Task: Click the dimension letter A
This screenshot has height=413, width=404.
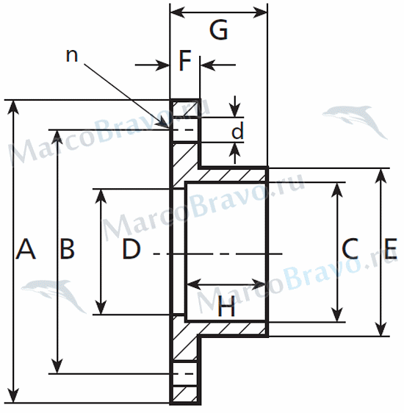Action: (26, 249)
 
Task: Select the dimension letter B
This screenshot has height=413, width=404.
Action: (67, 248)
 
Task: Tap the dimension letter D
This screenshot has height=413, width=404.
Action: (131, 248)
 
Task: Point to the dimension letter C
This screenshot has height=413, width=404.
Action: (350, 248)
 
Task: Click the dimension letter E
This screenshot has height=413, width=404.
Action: (391, 248)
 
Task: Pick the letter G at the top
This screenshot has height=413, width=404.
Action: (218, 30)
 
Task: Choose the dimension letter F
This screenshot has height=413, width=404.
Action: (185, 61)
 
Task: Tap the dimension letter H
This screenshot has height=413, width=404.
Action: (226, 306)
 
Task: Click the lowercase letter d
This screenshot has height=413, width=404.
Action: (238, 130)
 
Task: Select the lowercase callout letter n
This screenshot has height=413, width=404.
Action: (72, 56)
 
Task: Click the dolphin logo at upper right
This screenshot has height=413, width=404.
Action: (355, 120)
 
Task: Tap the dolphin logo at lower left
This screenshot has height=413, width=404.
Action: (54, 294)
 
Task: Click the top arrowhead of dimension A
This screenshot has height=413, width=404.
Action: (13, 107)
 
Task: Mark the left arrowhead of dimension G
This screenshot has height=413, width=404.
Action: (178, 12)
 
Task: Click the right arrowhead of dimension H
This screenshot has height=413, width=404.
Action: (259, 284)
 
